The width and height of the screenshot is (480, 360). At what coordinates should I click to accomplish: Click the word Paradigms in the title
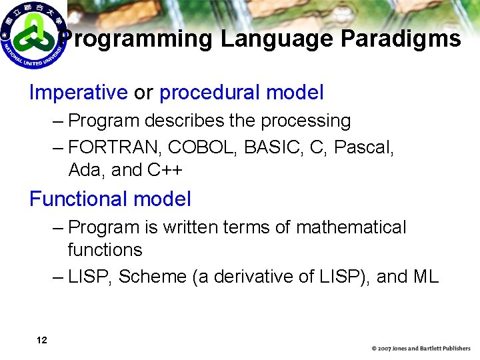(x=400, y=39)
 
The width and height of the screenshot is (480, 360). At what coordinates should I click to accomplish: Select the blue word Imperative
(x=78, y=93)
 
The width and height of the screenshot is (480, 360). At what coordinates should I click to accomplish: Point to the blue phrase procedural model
(x=241, y=93)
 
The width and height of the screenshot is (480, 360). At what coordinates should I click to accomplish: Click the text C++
(x=165, y=170)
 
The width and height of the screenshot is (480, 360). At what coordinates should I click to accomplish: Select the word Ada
(x=86, y=170)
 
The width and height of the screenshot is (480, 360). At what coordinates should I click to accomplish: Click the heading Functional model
(x=110, y=199)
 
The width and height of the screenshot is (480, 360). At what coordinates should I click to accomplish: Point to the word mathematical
(x=351, y=227)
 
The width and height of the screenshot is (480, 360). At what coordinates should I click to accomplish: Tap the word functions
(x=105, y=250)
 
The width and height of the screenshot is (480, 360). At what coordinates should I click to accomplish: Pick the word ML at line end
(x=425, y=277)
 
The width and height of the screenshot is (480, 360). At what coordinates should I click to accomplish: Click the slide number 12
(x=41, y=341)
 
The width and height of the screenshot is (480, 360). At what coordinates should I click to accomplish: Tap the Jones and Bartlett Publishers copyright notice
(x=421, y=349)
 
